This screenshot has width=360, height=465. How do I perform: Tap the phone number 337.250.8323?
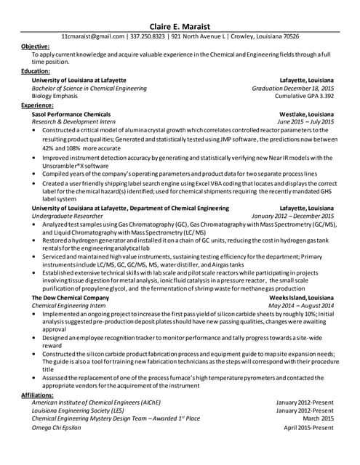pyautogui.click(x=151, y=35)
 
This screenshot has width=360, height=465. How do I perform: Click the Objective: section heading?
pyautogui.click(x=36, y=46)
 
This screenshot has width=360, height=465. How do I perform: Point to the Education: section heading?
pyautogui.click(x=36, y=71)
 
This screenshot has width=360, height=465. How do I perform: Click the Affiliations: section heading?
pyautogui.click(x=39, y=395)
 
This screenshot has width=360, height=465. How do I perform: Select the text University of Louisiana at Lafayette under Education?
pyautogui.click(x=79, y=80)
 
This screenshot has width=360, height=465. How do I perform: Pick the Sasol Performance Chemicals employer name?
pyautogui.click(x=71, y=115)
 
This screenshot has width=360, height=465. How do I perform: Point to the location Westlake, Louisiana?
pyautogui.click(x=307, y=115)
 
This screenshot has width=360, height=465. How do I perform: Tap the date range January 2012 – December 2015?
pyautogui.click(x=293, y=216)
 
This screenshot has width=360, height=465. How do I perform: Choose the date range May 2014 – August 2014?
pyautogui.click(x=301, y=306)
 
